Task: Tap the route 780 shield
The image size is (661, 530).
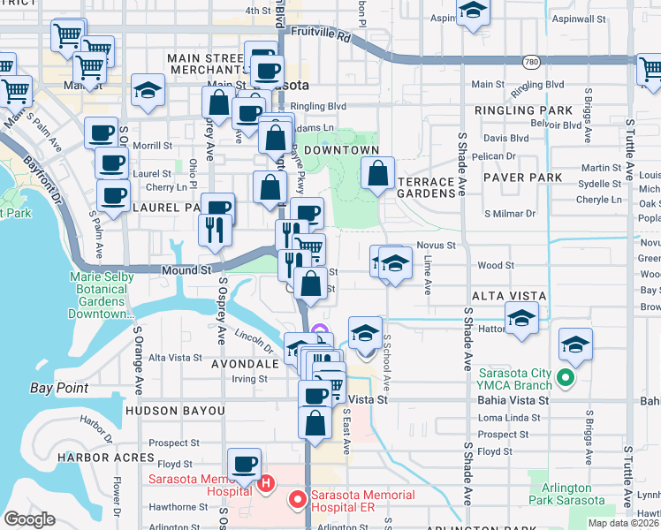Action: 530,62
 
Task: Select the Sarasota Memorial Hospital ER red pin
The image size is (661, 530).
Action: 298,499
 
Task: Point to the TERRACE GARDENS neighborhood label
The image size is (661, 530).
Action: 426,188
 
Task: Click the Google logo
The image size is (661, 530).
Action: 29,519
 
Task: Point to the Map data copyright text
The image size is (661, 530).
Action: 622,523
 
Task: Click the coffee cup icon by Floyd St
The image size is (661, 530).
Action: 245,463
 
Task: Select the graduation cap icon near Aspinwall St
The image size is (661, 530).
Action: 474,11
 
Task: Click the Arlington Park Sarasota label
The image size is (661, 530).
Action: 567,495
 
